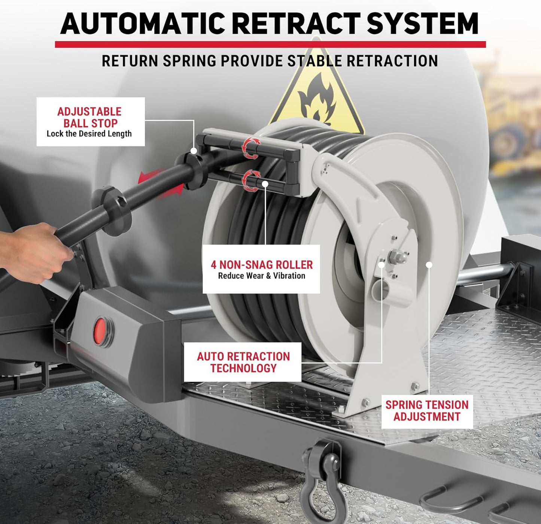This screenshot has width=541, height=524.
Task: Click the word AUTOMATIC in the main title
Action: coord(144,24)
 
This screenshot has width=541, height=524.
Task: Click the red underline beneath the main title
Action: coord(270,45)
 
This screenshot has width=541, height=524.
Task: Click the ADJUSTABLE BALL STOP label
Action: coord(89,117)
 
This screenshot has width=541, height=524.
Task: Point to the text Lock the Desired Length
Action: coord(89,134)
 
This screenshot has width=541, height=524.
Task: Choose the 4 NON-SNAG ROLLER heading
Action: coord(262,265)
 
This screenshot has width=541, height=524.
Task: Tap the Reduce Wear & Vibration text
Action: coord(262,276)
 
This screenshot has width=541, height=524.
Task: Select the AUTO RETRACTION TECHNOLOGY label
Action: coord(243,362)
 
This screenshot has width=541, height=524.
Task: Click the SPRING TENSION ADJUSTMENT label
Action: coord(427,411)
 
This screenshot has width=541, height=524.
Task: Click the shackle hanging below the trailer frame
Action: coord(321,474)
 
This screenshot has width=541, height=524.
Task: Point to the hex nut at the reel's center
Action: coord(395,257)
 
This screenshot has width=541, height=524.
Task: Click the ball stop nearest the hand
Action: coord(112,210)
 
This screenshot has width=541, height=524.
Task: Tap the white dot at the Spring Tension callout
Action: coord(429,265)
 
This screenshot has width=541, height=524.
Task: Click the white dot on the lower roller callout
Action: coord(265,184)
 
